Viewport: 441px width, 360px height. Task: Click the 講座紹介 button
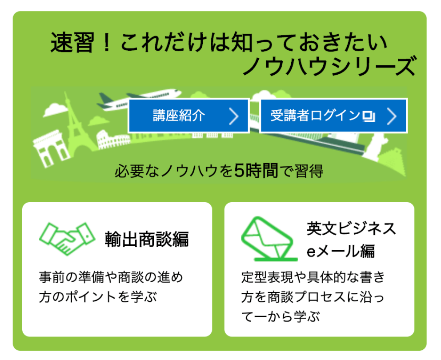click(189, 116)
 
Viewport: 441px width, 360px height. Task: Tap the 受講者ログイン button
click(333, 116)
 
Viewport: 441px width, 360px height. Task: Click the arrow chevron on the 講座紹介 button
click(234, 116)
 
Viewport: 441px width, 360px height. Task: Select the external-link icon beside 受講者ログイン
click(369, 116)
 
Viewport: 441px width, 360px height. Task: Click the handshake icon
click(67, 239)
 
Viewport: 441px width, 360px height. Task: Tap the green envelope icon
click(269, 239)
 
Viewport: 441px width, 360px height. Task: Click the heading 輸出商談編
click(147, 240)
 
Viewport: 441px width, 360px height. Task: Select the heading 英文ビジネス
click(351, 228)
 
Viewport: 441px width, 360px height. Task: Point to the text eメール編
click(341, 251)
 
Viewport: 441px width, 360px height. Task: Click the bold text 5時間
click(256, 170)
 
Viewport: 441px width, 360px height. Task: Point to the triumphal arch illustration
click(51, 148)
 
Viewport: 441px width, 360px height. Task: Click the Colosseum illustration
click(113, 140)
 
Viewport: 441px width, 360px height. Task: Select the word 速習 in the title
click(72, 43)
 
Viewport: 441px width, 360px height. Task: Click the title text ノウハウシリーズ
click(329, 66)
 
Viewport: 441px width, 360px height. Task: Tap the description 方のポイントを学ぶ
click(98, 297)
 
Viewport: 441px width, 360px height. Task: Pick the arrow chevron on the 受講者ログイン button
click(392, 116)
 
